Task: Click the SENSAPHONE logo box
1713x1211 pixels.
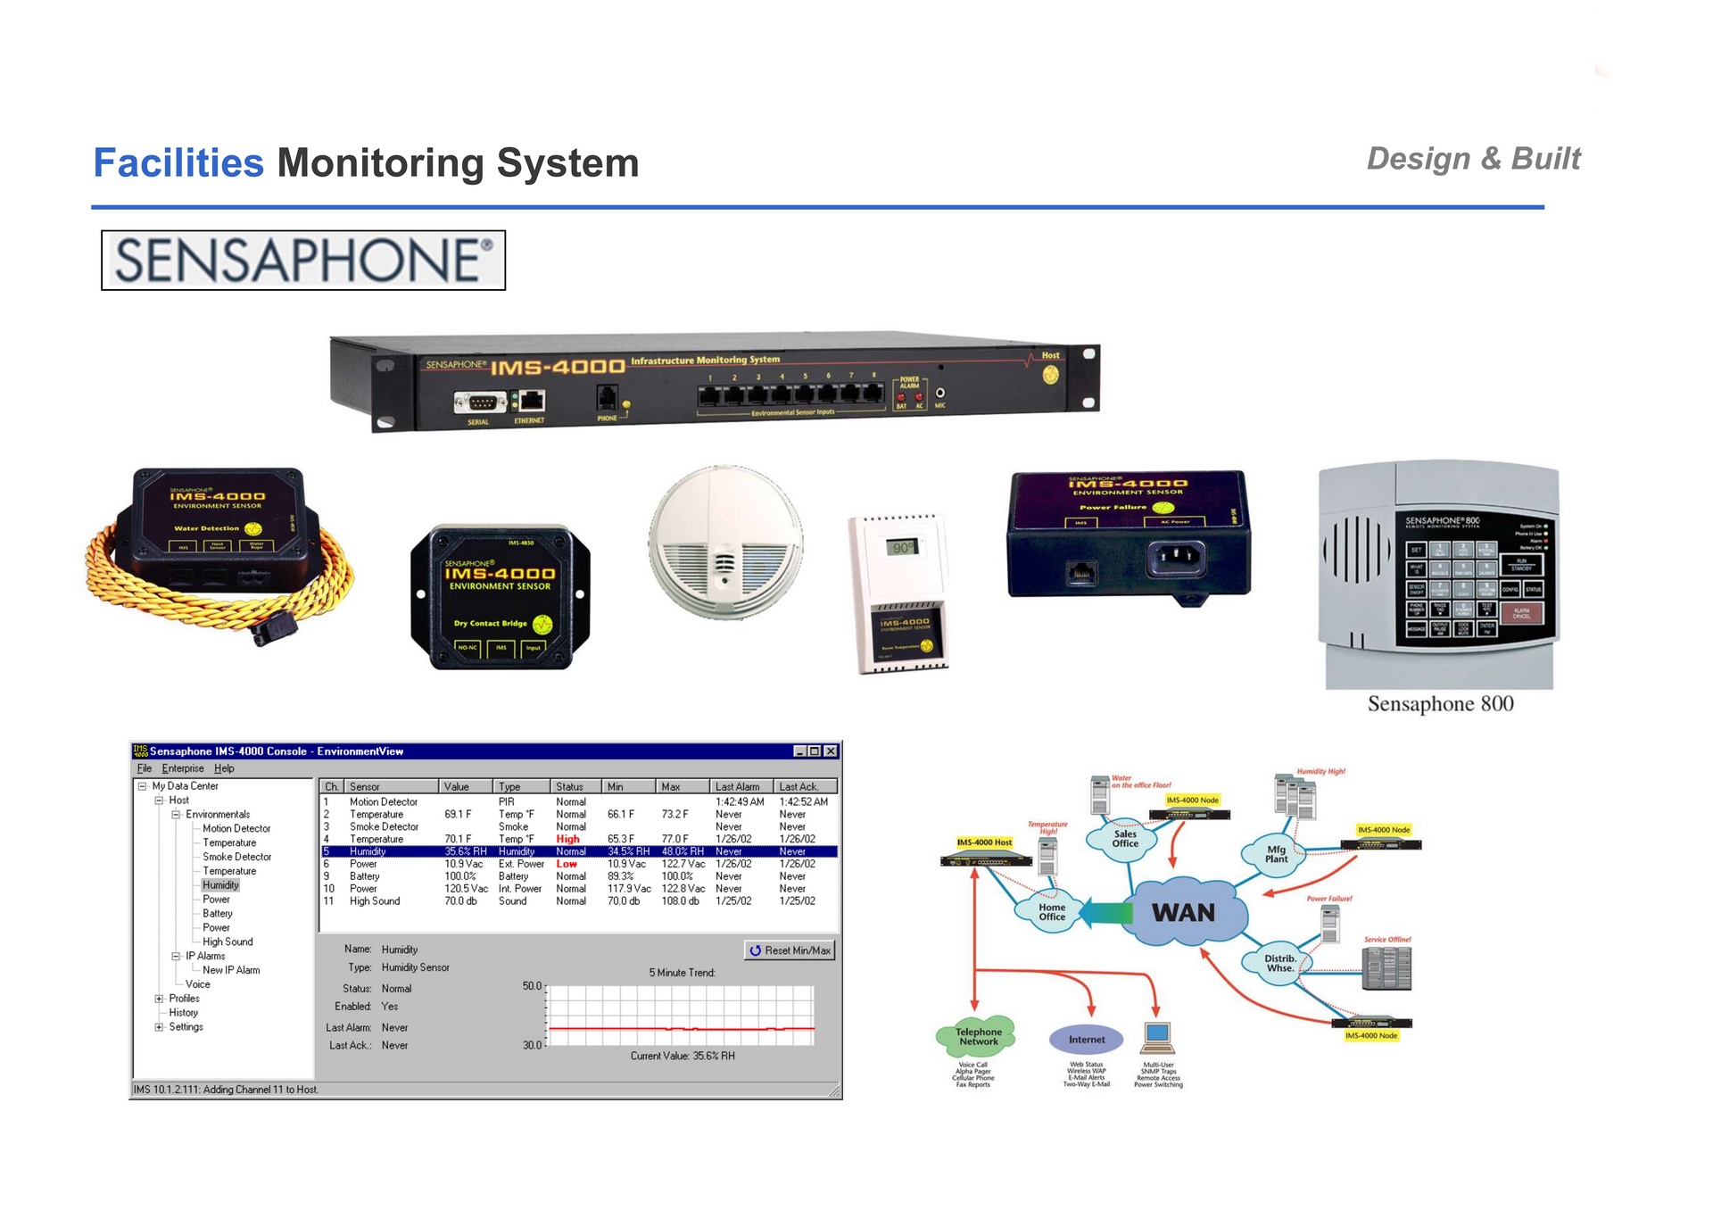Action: point(303,260)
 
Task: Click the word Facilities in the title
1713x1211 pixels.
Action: point(178,163)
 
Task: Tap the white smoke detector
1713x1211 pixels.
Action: point(724,543)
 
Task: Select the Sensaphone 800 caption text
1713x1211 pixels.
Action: point(1440,704)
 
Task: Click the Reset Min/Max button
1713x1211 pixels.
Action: point(790,950)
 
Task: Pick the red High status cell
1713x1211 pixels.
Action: point(567,839)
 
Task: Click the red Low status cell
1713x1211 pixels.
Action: point(567,864)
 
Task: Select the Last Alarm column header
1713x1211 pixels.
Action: point(737,786)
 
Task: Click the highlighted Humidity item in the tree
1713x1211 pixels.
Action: point(220,885)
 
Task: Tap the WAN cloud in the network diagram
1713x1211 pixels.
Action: point(1183,912)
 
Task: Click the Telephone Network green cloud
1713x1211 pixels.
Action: point(979,1037)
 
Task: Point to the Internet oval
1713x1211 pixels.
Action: point(1087,1040)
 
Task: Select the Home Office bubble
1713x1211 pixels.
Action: point(1052,911)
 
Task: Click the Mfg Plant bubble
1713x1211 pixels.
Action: point(1276,854)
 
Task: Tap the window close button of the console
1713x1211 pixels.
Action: point(831,751)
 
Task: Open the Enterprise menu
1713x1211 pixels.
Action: point(183,768)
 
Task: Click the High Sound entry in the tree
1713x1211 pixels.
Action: point(228,941)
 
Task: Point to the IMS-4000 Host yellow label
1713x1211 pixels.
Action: point(984,842)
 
